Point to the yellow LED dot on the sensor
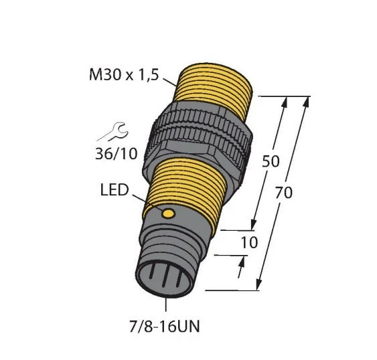coord(169,213)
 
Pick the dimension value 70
coord(284,193)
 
